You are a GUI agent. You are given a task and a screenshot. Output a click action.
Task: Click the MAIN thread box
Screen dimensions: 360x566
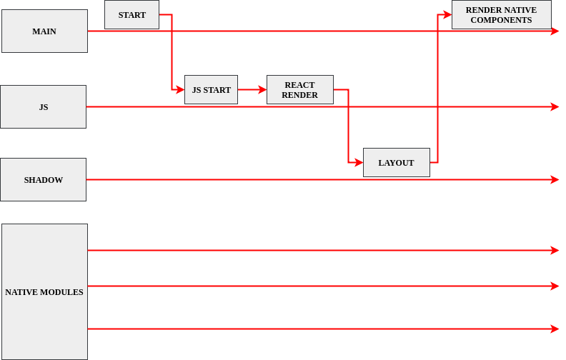(44, 31)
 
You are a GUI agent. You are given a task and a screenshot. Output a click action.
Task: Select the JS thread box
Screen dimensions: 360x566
(43, 107)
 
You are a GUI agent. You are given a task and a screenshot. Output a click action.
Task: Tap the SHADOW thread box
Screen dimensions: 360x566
(43, 180)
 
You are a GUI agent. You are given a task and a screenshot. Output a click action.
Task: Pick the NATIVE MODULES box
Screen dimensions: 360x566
(44, 292)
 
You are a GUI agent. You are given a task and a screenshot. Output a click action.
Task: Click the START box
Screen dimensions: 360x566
(131, 15)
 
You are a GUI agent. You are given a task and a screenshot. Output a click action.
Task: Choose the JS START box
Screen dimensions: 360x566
(211, 90)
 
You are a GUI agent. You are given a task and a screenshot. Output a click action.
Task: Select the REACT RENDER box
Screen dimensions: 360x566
(299, 90)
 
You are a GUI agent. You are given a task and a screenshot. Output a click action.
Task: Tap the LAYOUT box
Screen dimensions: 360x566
(396, 163)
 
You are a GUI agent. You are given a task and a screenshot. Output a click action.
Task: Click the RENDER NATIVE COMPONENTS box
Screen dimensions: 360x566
(501, 15)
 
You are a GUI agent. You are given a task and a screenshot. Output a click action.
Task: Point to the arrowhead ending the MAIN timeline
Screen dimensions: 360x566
(555, 31)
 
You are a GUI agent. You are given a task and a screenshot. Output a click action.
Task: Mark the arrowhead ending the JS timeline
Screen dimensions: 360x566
(555, 107)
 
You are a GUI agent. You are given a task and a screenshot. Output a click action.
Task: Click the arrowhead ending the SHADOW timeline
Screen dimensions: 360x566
(555, 180)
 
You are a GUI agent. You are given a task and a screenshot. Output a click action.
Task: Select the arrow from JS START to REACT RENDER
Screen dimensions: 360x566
(252, 90)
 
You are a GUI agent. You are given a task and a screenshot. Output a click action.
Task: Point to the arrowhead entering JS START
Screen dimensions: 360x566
(181, 90)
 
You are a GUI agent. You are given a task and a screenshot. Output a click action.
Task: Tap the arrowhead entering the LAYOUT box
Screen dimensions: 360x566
(359, 163)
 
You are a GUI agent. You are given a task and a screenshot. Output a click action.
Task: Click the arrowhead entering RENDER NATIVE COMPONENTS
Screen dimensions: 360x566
(448, 14)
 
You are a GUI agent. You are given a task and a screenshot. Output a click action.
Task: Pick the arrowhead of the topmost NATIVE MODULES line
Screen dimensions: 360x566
(555, 251)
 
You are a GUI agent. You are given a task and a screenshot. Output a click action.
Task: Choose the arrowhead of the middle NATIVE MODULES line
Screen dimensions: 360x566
(555, 286)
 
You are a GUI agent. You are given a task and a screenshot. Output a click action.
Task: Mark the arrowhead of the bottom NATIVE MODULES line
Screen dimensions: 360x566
(555, 329)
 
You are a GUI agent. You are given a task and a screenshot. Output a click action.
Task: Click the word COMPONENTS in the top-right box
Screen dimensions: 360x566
(501, 20)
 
